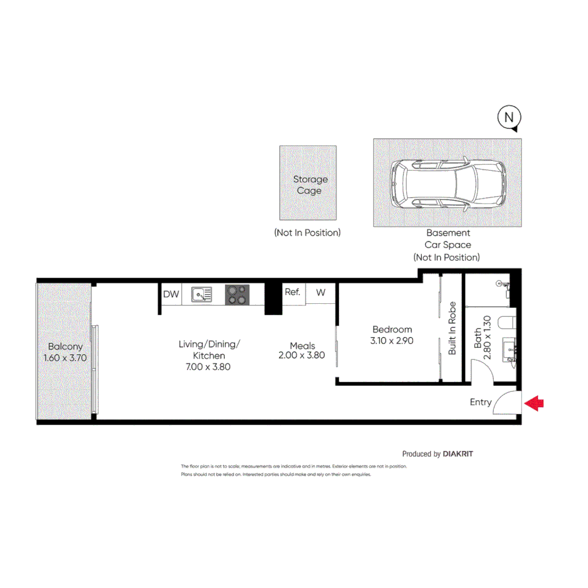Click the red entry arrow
tap(535, 403)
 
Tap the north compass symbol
tap(509, 117)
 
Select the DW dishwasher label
tap(170, 295)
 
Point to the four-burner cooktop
tap(237, 295)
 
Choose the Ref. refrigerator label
tap(292, 292)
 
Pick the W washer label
tap(321, 292)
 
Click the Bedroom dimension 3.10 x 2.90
tap(392, 341)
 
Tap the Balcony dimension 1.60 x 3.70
tap(65, 358)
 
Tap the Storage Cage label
tap(310, 185)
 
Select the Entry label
tap(481, 402)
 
